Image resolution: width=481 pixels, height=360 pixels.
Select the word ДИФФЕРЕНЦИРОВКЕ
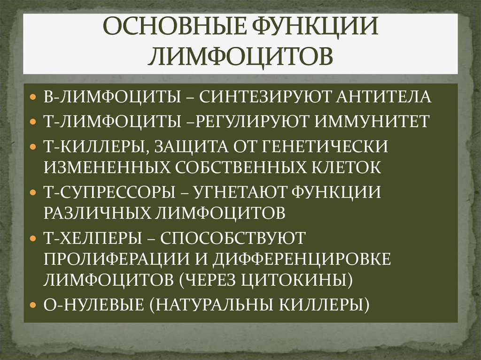(x=303, y=260)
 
